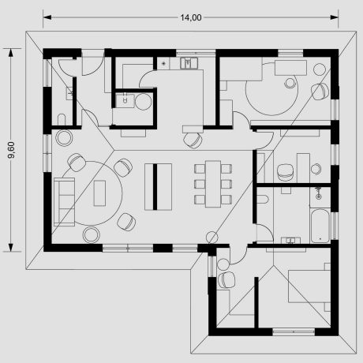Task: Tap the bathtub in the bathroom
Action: point(320,226)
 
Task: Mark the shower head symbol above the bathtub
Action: point(319,192)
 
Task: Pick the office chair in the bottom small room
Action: point(230,278)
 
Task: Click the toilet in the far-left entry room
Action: point(62,120)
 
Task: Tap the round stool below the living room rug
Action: point(91,234)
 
